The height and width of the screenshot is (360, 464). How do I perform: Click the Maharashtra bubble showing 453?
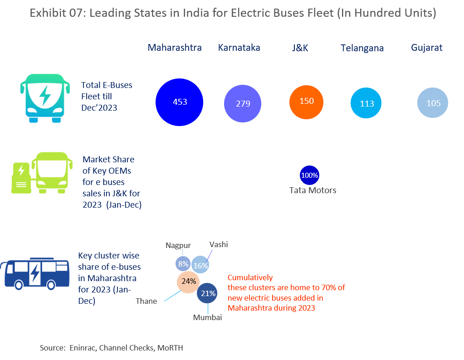[x=180, y=102]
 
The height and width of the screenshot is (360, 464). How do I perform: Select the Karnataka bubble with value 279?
[x=243, y=103]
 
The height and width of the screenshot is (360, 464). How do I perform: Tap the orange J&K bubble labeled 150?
[x=307, y=101]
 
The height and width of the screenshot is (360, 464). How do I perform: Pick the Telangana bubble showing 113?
[x=366, y=103]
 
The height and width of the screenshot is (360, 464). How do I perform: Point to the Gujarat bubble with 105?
[x=433, y=103]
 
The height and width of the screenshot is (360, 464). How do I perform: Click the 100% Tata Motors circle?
[x=310, y=175]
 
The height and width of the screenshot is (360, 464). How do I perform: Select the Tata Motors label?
[x=313, y=190]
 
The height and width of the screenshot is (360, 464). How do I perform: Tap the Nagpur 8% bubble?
[x=183, y=264]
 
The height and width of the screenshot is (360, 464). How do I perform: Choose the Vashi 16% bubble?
[x=200, y=265]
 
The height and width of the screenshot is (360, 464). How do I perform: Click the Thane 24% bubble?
[x=189, y=281]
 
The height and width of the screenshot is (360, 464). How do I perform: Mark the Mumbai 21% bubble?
[x=208, y=293]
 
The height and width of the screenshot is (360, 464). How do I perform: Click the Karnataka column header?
[x=239, y=48]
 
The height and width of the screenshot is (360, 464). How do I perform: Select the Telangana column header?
[x=362, y=48]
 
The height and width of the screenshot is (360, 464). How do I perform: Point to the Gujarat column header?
[x=426, y=48]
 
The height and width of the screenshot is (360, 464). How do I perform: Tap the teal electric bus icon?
[x=44, y=99]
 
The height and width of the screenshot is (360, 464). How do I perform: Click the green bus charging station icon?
[x=41, y=174]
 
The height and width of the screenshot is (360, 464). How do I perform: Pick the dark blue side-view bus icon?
[x=35, y=273]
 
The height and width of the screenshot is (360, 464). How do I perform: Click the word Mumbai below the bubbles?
[x=207, y=317]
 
